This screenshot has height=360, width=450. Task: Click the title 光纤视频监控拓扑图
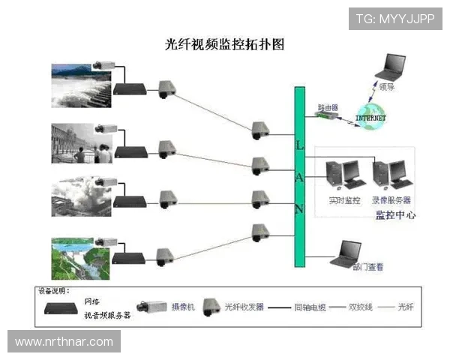click(224, 44)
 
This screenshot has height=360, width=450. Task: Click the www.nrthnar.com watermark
click(64, 342)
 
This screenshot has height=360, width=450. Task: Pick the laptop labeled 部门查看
click(349, 253)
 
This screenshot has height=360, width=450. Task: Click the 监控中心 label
click(395, 215)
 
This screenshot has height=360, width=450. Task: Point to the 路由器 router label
click(328, 107)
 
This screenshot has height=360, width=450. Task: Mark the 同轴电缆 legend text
click(309, 307)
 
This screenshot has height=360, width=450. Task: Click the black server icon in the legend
click(62, 307)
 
